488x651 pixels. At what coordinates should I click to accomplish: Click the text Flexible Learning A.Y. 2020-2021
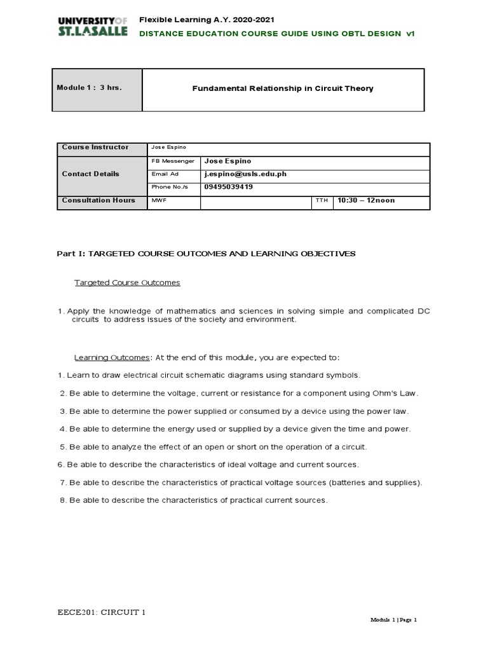199,21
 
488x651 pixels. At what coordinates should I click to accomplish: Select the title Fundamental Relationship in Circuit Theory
283,88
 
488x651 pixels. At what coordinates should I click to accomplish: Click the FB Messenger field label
173,161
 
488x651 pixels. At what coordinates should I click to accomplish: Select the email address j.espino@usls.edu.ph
245,174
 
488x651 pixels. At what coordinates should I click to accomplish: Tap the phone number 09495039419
228,187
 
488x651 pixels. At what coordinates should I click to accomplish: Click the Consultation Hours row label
98,200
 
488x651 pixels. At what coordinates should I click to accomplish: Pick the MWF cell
158,201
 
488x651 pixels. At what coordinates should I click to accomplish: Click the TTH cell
322,201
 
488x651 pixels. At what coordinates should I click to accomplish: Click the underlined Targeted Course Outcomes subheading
128,282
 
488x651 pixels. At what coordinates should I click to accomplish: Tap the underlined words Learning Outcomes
112,357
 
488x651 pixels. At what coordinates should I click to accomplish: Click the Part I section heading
207,254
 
